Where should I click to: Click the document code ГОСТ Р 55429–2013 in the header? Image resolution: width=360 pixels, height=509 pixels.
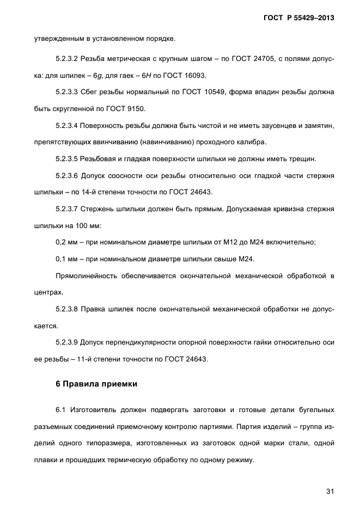pos(298,18)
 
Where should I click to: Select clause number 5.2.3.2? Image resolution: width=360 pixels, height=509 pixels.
pos(68,58)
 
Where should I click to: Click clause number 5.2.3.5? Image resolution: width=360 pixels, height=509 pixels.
pos(68,160)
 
